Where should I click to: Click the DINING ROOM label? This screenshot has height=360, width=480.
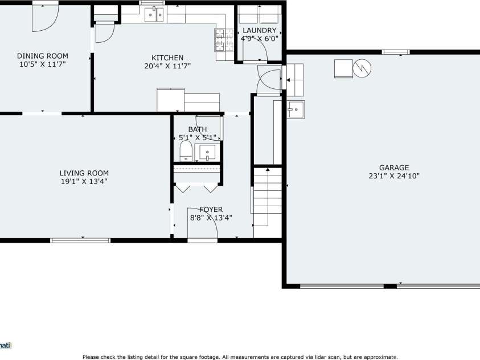pyautogui.click(x=42, y=56)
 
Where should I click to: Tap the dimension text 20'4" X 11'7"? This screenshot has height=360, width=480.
pyautogui.click(x=167, y=66)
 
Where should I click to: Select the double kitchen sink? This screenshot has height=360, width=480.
pyautogui.click(x=154, y=14)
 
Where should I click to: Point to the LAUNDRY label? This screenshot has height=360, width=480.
pyautogui.click(x=259, y=30)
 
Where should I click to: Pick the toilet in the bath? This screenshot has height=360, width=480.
pyautogui.click(x=186, y=152)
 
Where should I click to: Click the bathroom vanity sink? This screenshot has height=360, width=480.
pyautogui.click(x=206, y=152)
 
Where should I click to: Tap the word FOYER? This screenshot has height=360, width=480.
pyautogui.click(x=211, y=209)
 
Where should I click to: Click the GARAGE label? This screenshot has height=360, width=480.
pyautogui.click(x=394, y=167)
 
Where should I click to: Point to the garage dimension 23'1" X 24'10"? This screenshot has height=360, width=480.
pyautogui.click(x=394, y=176)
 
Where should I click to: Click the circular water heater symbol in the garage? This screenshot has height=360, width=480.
pyautogui.click(x=362, y=69)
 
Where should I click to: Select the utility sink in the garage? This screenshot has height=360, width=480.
pyautogui.click(x=296, y=108)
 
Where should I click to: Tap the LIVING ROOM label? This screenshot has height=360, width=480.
pyautogui.click(x=84, y=173)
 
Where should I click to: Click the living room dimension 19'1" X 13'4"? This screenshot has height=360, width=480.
pyautogui.click(x=84, y=181)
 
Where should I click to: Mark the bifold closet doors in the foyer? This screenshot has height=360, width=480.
pyautogui.click(x=196, y=186)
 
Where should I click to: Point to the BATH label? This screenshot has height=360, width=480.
pyautogui.click(x=197, y=129)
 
